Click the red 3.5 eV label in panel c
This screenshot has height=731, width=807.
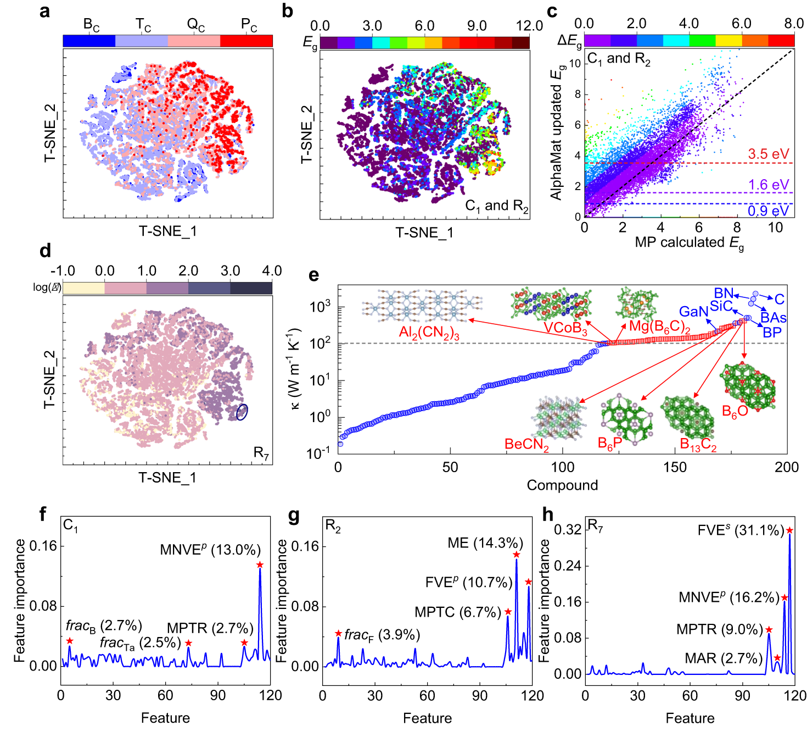(768, 154)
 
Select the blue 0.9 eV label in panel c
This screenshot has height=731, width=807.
(768, 211)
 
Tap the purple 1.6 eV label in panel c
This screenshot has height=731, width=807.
(768, 185)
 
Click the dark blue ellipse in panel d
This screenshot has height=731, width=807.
(242, 412)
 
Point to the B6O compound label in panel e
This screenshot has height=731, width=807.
(735, 411)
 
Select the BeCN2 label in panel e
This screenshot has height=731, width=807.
(526, 444)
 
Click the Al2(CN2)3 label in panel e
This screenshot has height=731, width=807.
(429, 333)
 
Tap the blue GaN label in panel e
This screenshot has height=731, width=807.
(693, 312)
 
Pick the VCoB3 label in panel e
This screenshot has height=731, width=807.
(565, 328)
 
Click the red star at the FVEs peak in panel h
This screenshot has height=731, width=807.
(789, 530)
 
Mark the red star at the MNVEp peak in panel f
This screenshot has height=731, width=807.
(260, 565)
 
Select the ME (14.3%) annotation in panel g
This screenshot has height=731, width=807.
(485, 543)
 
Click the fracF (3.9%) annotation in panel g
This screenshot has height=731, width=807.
(382, 635)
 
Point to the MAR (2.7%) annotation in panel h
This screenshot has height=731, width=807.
(724, 658)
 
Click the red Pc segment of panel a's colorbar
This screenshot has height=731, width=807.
(246, 41)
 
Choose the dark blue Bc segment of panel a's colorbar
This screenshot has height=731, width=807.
(89, 41)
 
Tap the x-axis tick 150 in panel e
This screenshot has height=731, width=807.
(675, 467)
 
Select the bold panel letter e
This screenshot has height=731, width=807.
(313, 275)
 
